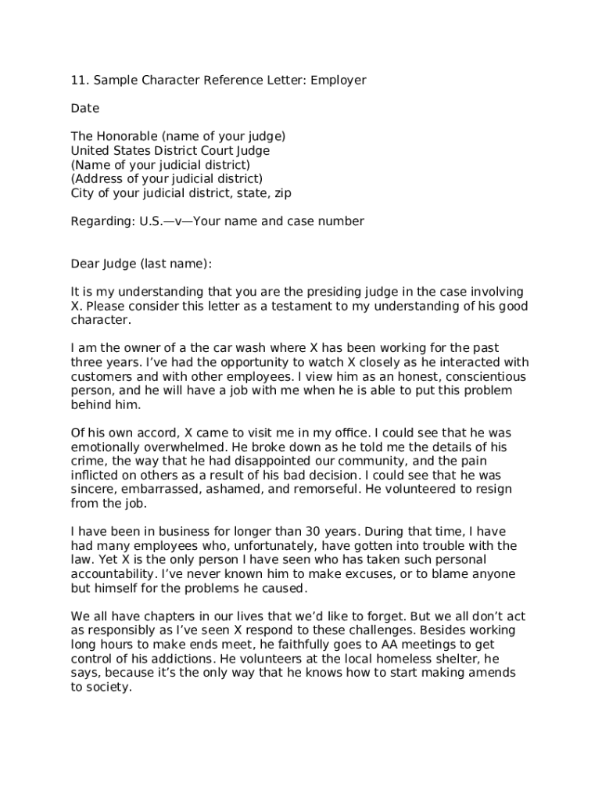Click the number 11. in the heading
[x=79, y=80]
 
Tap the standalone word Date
[x=85, y=108]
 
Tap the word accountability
[x=115, y=574]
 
